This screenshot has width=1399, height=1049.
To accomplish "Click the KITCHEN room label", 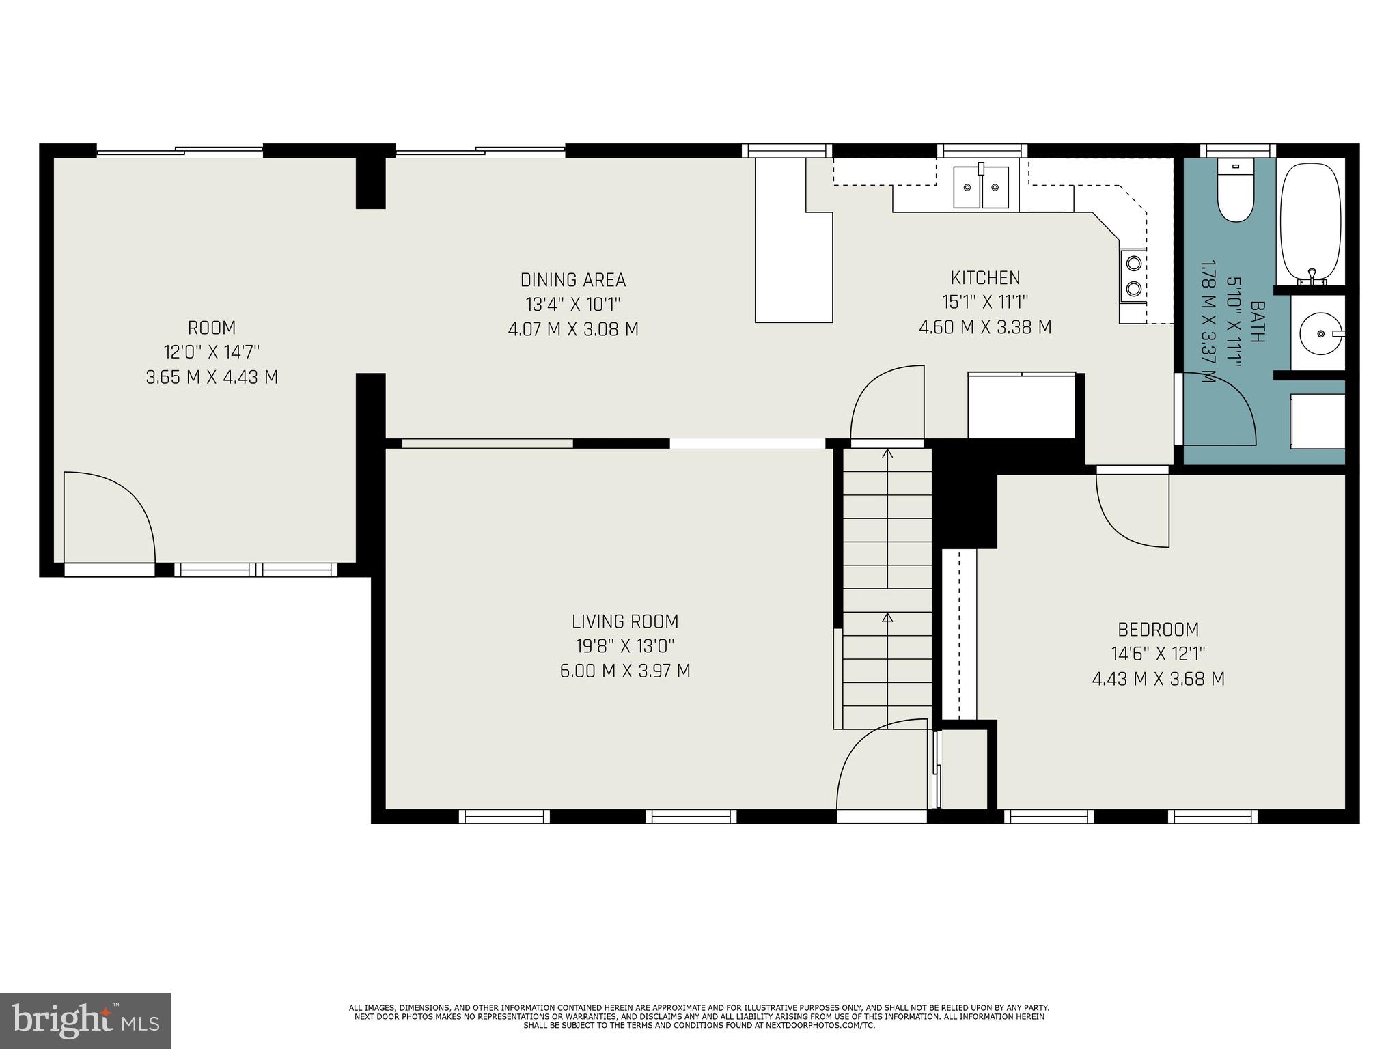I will (985, 278).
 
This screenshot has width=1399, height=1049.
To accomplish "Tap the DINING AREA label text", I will (573, 280).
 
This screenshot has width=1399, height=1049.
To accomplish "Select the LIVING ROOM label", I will (625, 621).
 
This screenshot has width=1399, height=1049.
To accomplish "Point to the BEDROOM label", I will (1158, 629).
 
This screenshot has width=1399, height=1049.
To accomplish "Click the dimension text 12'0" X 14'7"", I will (212, 352).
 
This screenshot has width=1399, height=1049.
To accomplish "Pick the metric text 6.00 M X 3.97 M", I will (625, 671).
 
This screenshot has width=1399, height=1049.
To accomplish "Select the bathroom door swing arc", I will (1219, 408).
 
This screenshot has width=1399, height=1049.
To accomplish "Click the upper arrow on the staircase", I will (887, 454).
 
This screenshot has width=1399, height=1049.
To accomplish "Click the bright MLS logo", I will (85, 1020).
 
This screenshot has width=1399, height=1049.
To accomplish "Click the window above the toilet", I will (1238, 150).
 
